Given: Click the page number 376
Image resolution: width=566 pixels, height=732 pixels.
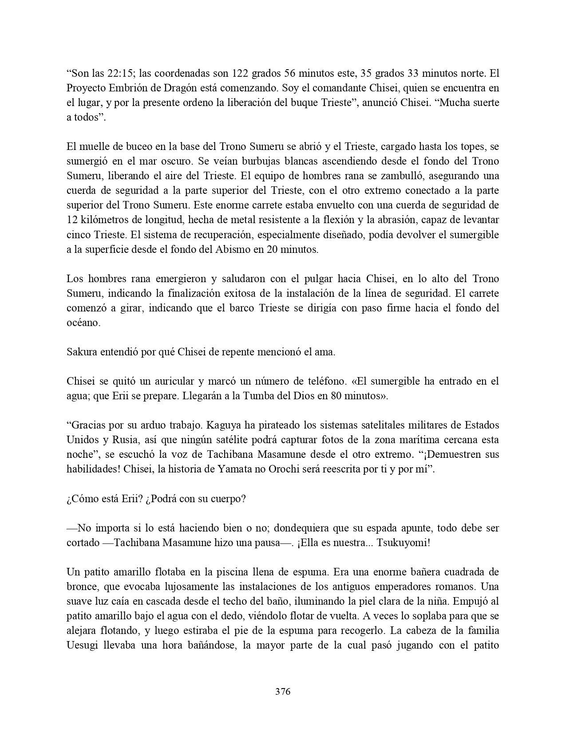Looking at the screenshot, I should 283,691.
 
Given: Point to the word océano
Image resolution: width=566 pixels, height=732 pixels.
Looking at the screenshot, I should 83,323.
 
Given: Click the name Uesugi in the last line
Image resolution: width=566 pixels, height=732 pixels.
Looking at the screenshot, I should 83,645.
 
